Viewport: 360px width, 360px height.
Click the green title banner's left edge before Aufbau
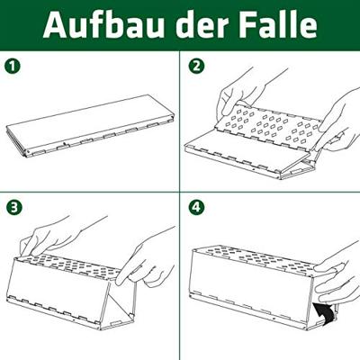[18, 25]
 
